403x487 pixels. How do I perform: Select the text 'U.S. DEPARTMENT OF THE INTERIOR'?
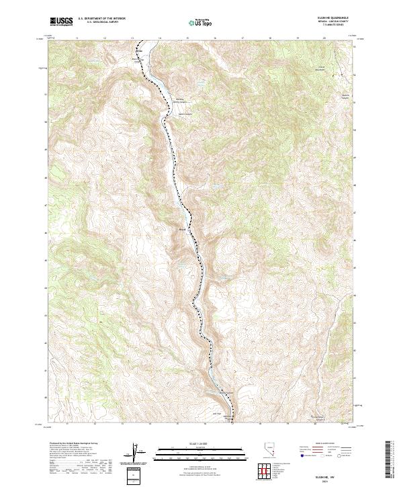tap(102, 18)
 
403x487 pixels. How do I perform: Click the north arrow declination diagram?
tap(132, 454)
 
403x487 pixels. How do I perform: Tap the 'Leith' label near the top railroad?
tap(140, 50)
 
